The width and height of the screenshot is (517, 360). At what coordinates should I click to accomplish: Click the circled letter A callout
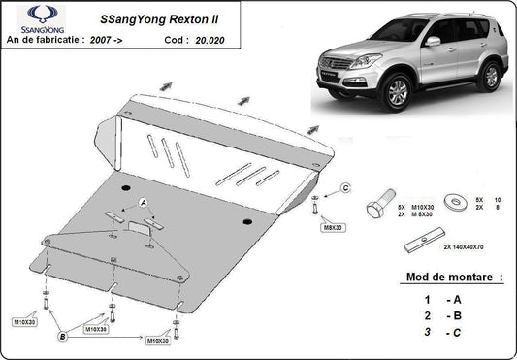click(144, 202)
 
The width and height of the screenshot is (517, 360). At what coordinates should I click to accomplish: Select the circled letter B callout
click(62, 337)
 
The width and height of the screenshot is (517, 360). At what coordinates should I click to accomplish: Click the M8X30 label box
click(333, 228)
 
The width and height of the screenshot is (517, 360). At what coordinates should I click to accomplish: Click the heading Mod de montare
click(451, 278)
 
